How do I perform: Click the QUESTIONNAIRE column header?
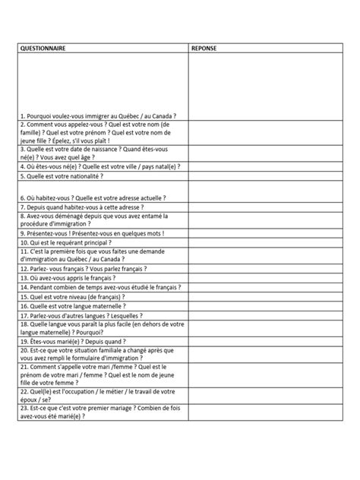pyautogui.click(x=43, y=47)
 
